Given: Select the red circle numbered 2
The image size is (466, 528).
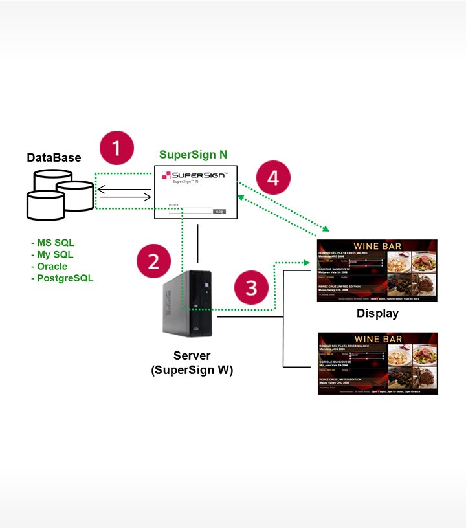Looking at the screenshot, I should click(153, 261).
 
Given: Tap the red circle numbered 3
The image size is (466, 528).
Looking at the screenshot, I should click(252, 287).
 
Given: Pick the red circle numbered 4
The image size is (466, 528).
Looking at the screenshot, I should click(273, 177).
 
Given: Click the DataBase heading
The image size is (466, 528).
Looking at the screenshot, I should click(54, 157).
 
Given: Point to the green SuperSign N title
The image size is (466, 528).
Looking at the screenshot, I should click(193, 155).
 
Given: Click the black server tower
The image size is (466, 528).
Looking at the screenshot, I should click(189, 303).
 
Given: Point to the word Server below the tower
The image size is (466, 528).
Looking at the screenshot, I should click(192, 357).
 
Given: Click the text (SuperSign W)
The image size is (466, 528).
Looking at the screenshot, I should click(192, 370).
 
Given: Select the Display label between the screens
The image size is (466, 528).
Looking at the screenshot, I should click(377, 314).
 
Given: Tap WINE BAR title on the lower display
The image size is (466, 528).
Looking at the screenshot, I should click(378, 339).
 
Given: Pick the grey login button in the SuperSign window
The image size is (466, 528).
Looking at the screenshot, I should click(219, 211).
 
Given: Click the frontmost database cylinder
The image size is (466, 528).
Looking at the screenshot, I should click(45, 205).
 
